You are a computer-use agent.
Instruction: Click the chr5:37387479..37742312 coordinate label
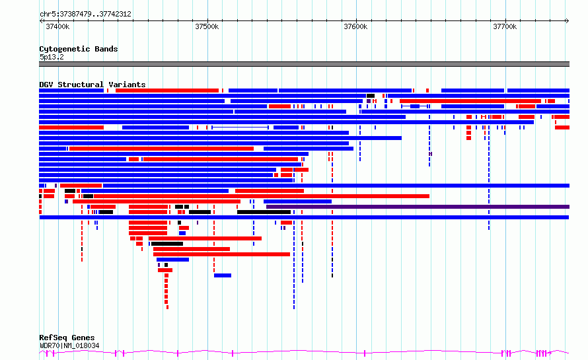[x=85, y=15]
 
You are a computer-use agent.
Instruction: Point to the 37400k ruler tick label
[x=57, y=26]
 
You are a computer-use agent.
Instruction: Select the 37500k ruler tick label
[x=207, y=26]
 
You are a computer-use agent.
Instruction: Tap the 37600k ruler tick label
[x=355, y=26]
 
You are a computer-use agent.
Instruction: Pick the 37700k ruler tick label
[x=505, y=26]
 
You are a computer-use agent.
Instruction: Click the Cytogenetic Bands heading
[x=79, y=49]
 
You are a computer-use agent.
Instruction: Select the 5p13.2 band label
[x=52, y=57]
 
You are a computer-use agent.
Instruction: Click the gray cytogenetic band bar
[x=304, y=64]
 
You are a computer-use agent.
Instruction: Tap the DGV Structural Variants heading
[x=92, y=85]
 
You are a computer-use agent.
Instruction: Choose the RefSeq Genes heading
[x=67, y=338]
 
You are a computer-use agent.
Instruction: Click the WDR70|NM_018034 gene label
[x=69, y=345]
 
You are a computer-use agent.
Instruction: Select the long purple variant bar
[x=418, y=207]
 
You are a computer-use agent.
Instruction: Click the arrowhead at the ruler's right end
[x=568, y=21]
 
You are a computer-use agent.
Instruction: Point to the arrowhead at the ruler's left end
[x=41, y=21]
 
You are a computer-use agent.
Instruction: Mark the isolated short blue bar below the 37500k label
[x=223, y=275]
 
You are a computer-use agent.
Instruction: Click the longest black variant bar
[x=264, y=212]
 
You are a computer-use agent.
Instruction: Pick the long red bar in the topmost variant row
[x=167, y=90]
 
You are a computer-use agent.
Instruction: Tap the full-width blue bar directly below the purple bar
[x=304, y=217]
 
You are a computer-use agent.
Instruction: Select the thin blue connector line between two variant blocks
[x=240, y=127]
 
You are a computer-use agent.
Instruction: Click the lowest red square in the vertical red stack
[x=167, y=308]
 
